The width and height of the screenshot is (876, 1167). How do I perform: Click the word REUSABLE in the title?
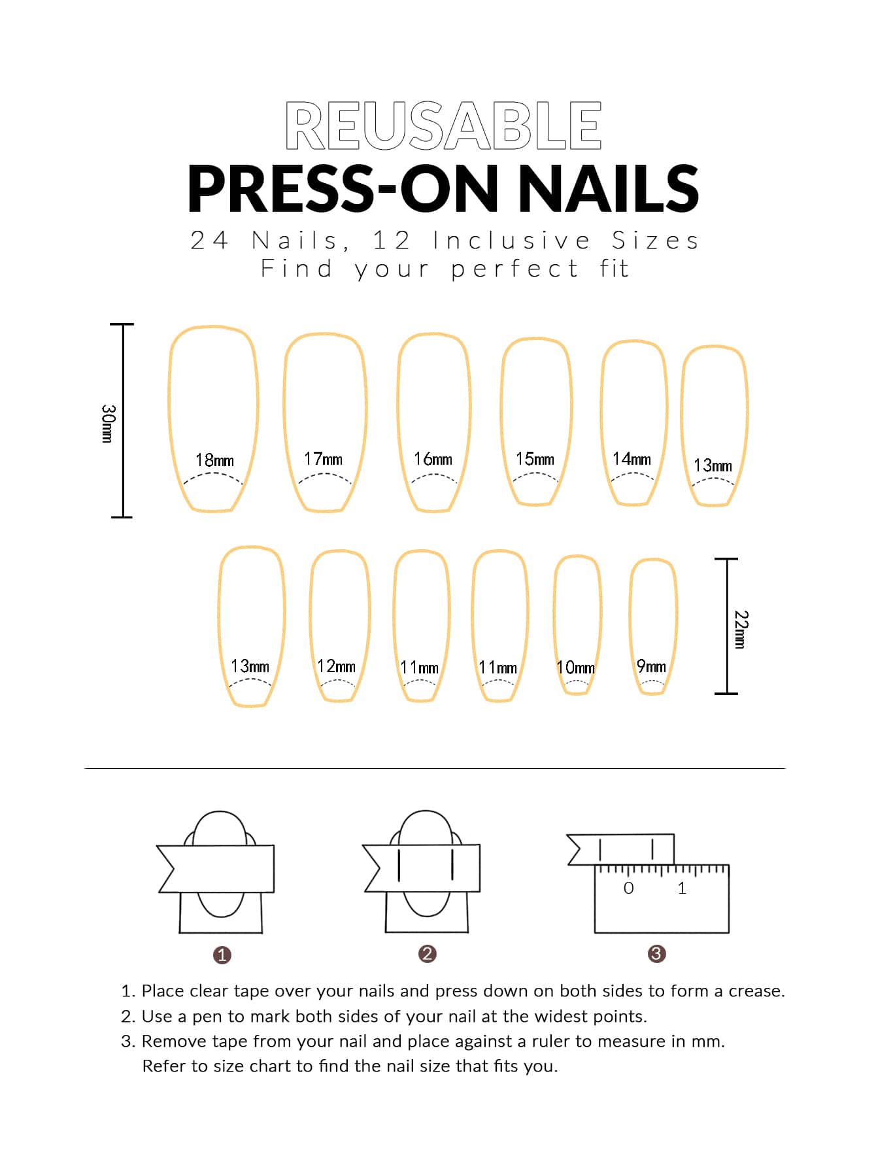coord(443,126)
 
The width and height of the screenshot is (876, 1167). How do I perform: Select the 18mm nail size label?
coord(214,460)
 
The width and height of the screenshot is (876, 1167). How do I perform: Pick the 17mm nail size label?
coord(323,459)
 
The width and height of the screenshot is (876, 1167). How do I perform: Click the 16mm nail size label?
coord(433,459)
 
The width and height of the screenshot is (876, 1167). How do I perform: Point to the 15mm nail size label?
coord(535,459)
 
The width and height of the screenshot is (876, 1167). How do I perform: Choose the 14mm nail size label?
coord(632,459)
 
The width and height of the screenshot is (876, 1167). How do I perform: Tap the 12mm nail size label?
coord(336,666)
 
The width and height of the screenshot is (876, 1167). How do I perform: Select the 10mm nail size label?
coord(576,668)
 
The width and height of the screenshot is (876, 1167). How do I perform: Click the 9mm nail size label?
coord(651,666)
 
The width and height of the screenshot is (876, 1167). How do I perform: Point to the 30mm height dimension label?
coord(109,423)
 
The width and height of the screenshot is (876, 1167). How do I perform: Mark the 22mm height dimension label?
coord(741,629)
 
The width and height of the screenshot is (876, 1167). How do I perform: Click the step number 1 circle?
coord(222,955)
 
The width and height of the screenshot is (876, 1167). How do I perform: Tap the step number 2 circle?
coord(427,954)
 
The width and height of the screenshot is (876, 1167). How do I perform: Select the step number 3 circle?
coord(656,954)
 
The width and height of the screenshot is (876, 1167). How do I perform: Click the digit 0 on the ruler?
coord(629,888)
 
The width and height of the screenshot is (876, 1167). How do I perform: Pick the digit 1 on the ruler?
coord(682,888)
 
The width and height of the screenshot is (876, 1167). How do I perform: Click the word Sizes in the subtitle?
coord(655,241)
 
